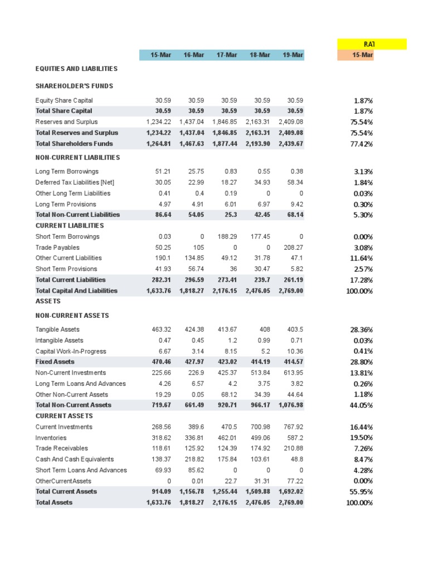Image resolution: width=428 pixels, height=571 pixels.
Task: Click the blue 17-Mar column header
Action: point(227,55)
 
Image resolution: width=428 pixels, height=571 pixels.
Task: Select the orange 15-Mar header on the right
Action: point(356,55)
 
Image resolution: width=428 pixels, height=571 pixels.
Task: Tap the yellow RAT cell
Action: point(372,44)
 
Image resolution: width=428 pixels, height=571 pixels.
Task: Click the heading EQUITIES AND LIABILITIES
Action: point(76,69)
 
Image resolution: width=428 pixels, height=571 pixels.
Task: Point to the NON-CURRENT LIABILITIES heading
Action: point(77,158)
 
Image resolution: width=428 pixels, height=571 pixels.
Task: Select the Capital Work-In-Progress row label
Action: point(70,351)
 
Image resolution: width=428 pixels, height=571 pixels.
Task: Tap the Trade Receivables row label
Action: point(60,448)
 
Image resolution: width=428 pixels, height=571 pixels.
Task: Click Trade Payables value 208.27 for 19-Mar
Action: point(293,248)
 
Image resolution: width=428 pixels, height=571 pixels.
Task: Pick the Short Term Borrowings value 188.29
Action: point(226,236)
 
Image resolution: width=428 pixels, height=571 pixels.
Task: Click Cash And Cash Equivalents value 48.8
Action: point(296,459)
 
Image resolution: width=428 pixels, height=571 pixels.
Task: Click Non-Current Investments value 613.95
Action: point(293,373)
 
